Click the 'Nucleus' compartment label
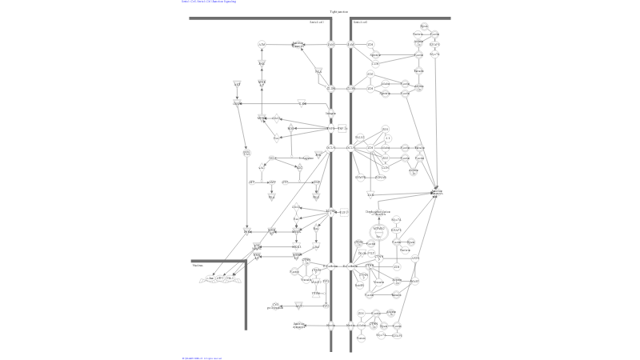coord(198,266)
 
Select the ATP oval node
coord(251,182)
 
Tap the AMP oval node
coord(272,182)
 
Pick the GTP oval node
coord(285,182)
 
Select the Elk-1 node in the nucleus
coord(231,278)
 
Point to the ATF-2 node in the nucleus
coord(221,278)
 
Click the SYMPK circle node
coord(360,178)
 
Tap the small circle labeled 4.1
coord(388,138)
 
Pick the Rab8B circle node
coord(360,285)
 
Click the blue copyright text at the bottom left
coord(201,358)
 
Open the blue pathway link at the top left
coord(205,2)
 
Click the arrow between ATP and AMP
coord(262,182)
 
